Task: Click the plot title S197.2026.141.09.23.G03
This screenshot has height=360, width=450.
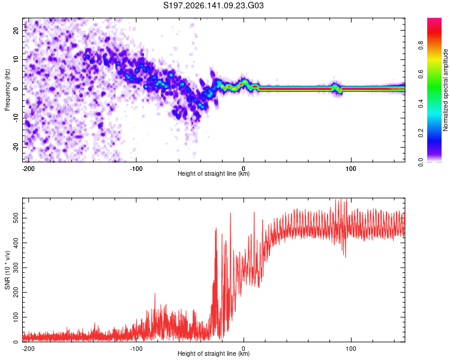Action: point(213,5)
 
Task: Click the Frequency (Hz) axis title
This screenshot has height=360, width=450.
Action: point(7,90)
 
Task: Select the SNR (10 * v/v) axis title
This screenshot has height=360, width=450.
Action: point(7,270)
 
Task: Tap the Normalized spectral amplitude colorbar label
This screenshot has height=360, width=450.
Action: point(445,90)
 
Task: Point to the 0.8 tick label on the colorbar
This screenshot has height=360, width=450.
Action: point(421,45)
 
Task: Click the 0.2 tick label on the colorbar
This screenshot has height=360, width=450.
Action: point(421,133)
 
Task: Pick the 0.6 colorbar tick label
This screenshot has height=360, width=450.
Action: point(421,74)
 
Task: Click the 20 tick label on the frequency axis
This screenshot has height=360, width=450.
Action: point(16,31)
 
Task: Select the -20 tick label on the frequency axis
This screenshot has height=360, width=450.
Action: point(16,147)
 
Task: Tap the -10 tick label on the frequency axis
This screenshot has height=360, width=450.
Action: point(16,118)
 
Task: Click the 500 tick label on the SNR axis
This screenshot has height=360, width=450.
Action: point(16,218)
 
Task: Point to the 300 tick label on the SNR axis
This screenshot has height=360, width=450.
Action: point(16,268)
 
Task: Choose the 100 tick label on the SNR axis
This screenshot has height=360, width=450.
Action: point(16,317)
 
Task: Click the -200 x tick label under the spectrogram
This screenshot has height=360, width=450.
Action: point(28,169)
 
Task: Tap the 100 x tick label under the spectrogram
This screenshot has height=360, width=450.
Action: point(351,169)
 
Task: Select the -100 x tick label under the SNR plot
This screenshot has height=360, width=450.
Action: point(136,349)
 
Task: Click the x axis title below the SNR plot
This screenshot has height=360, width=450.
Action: point(214,353)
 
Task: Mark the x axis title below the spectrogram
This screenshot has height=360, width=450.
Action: point(214,173)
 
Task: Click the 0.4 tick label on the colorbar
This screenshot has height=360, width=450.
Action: point(421,104)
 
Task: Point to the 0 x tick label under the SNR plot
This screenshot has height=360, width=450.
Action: point(244,349)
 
